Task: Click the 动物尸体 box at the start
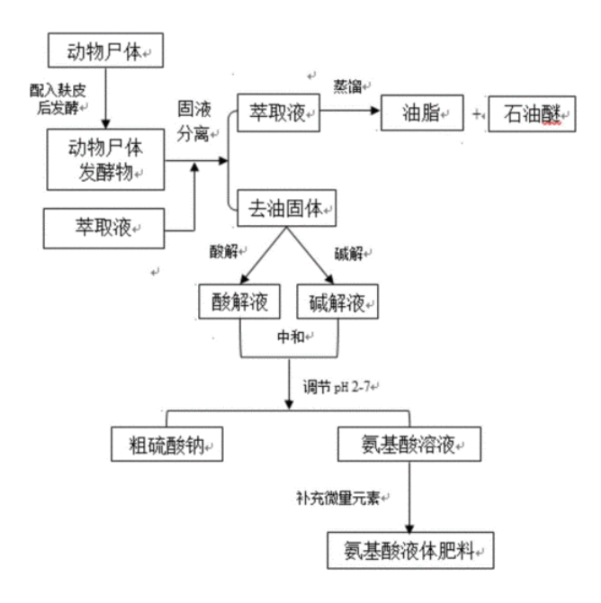coord(106,50)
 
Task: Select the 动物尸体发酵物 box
coord(106,159)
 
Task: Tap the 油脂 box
coord(422,113)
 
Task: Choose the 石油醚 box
coord(532,113)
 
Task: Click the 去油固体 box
coord(287,208)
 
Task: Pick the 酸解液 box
coord(239,301)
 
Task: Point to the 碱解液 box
coord(337,301)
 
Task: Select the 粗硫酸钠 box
coord(166,445)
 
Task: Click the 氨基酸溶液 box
coord(409,445)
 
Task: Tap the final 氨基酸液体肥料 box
coord(410,551)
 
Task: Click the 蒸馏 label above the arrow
coord(347,86)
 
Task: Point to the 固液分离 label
coord(193,121)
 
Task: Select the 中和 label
coord(292,337)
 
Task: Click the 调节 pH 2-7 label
coord(336,386)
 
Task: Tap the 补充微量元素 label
coord(338,498)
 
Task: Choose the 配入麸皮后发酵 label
coord(58,99)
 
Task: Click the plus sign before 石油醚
coord(477,113)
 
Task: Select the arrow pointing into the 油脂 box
coord(350,111)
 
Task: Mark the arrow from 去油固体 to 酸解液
coord(264,255)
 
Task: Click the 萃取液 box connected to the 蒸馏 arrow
coord(278,112)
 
